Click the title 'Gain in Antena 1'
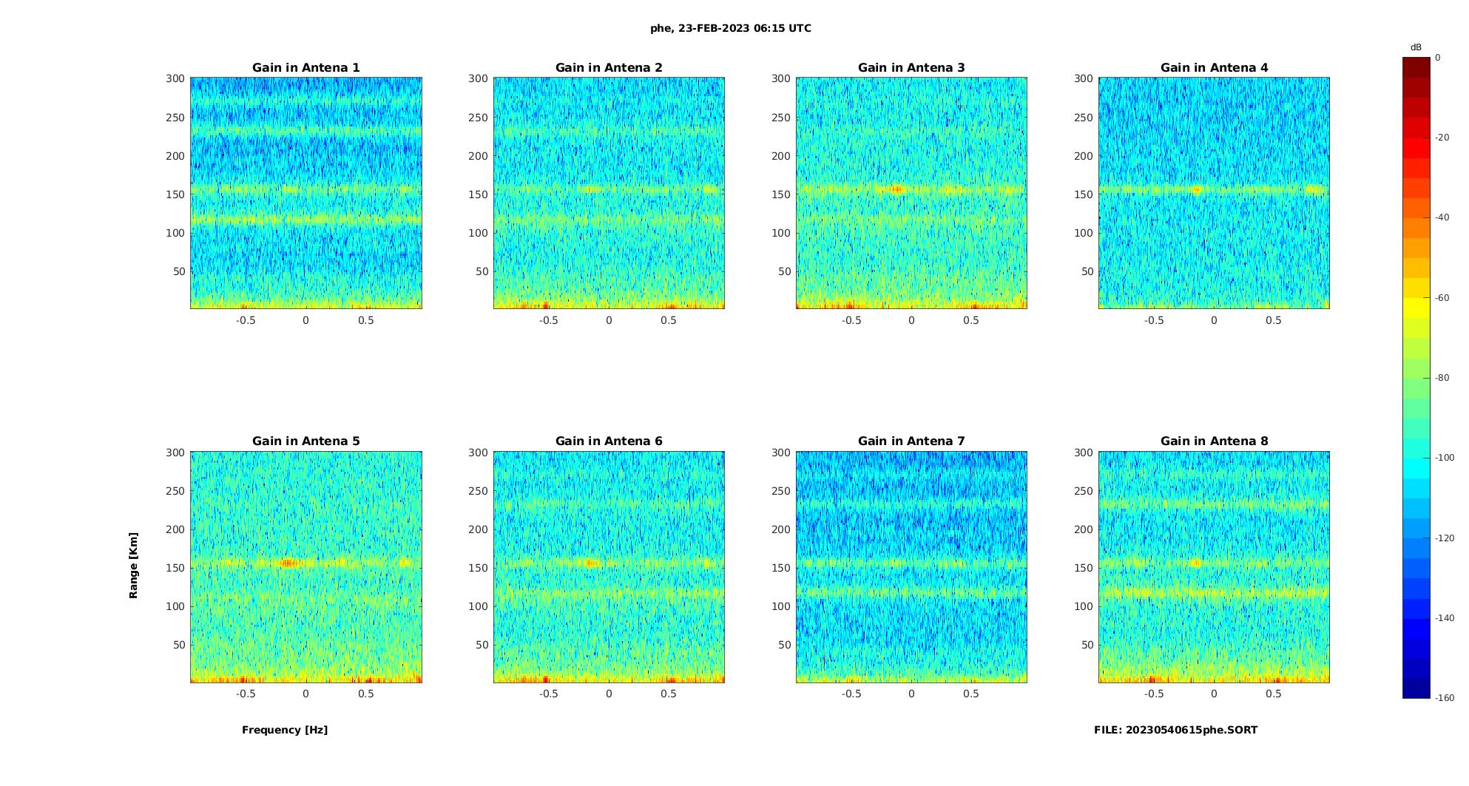tap(305, 67)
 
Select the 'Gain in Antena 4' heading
tap(1214, 67)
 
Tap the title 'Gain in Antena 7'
tap(911, 441)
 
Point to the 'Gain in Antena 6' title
tap(609, 441)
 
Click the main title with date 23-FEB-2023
tap(730, 28)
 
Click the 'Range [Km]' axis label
tap(134, 565)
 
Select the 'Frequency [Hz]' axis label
tap(285, 730)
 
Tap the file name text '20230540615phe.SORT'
tap(1192, 730)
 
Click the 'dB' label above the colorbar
tap(1416, 47)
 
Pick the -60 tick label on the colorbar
tap(1442, 298)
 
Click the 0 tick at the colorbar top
tap(1438, 57)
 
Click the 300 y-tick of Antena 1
tap(175, 78)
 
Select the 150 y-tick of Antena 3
tap(780, 194)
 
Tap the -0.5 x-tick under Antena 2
tap(548, 320)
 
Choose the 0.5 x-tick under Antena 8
tap(1273, 694)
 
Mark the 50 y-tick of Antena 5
tap(179, 645)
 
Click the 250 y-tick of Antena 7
tap(780, 491)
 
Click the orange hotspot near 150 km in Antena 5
tap(288, 563)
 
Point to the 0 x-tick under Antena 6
tap(609, 694)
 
